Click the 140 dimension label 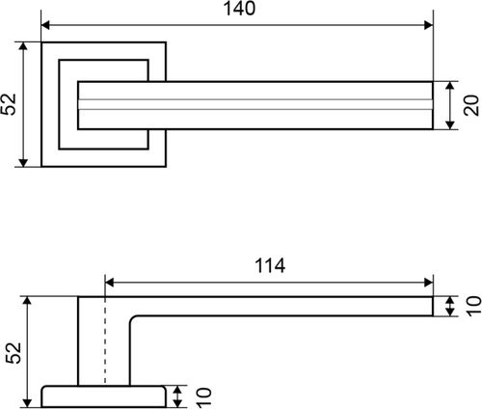tap(239, 9)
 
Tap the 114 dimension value tap(270, 266)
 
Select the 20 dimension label tap(471, 105)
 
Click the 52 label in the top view tap(9, 104)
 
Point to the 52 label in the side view tap(13, 353)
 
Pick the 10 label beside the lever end tap(474, 307)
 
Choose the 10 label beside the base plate tap(203, 397)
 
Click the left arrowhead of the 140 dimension tap(45, 25)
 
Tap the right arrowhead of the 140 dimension tap(429, 25)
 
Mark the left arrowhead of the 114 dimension tap(109, 283)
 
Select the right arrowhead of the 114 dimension tap(429, 283)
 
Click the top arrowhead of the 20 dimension tap(450, 86)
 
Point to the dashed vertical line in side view tap(105, 341)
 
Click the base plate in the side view tap(103, 396)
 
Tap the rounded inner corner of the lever tap(134, 319)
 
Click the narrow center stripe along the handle tap(255, 104)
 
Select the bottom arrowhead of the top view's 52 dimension tap(23, 163)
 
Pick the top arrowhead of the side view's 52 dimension tap(28, 301)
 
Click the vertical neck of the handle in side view tap(104, 350)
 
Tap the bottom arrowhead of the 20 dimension tap(450, 125)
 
